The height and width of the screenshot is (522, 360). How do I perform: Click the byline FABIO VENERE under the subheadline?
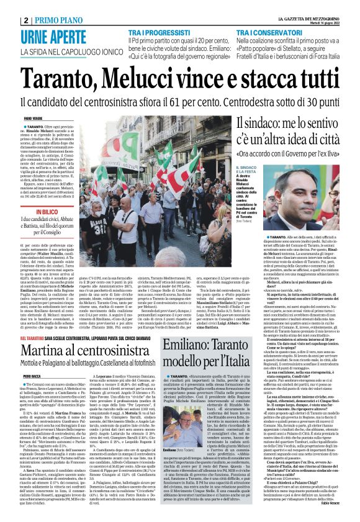32,117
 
